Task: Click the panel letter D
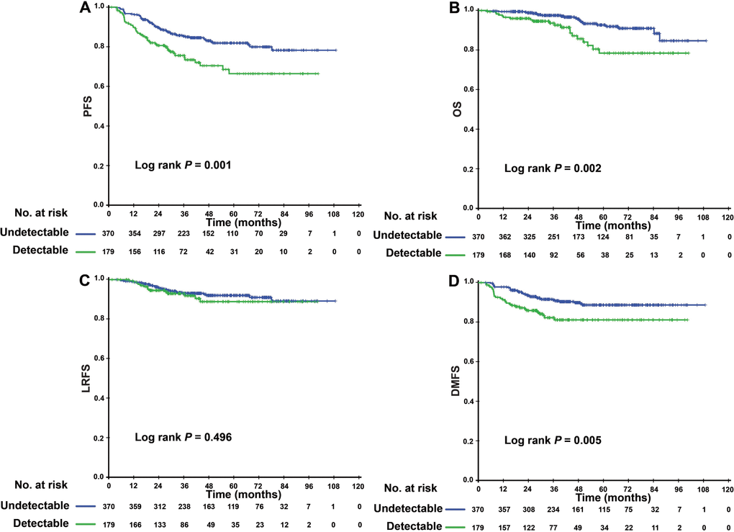tap(463, 279)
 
